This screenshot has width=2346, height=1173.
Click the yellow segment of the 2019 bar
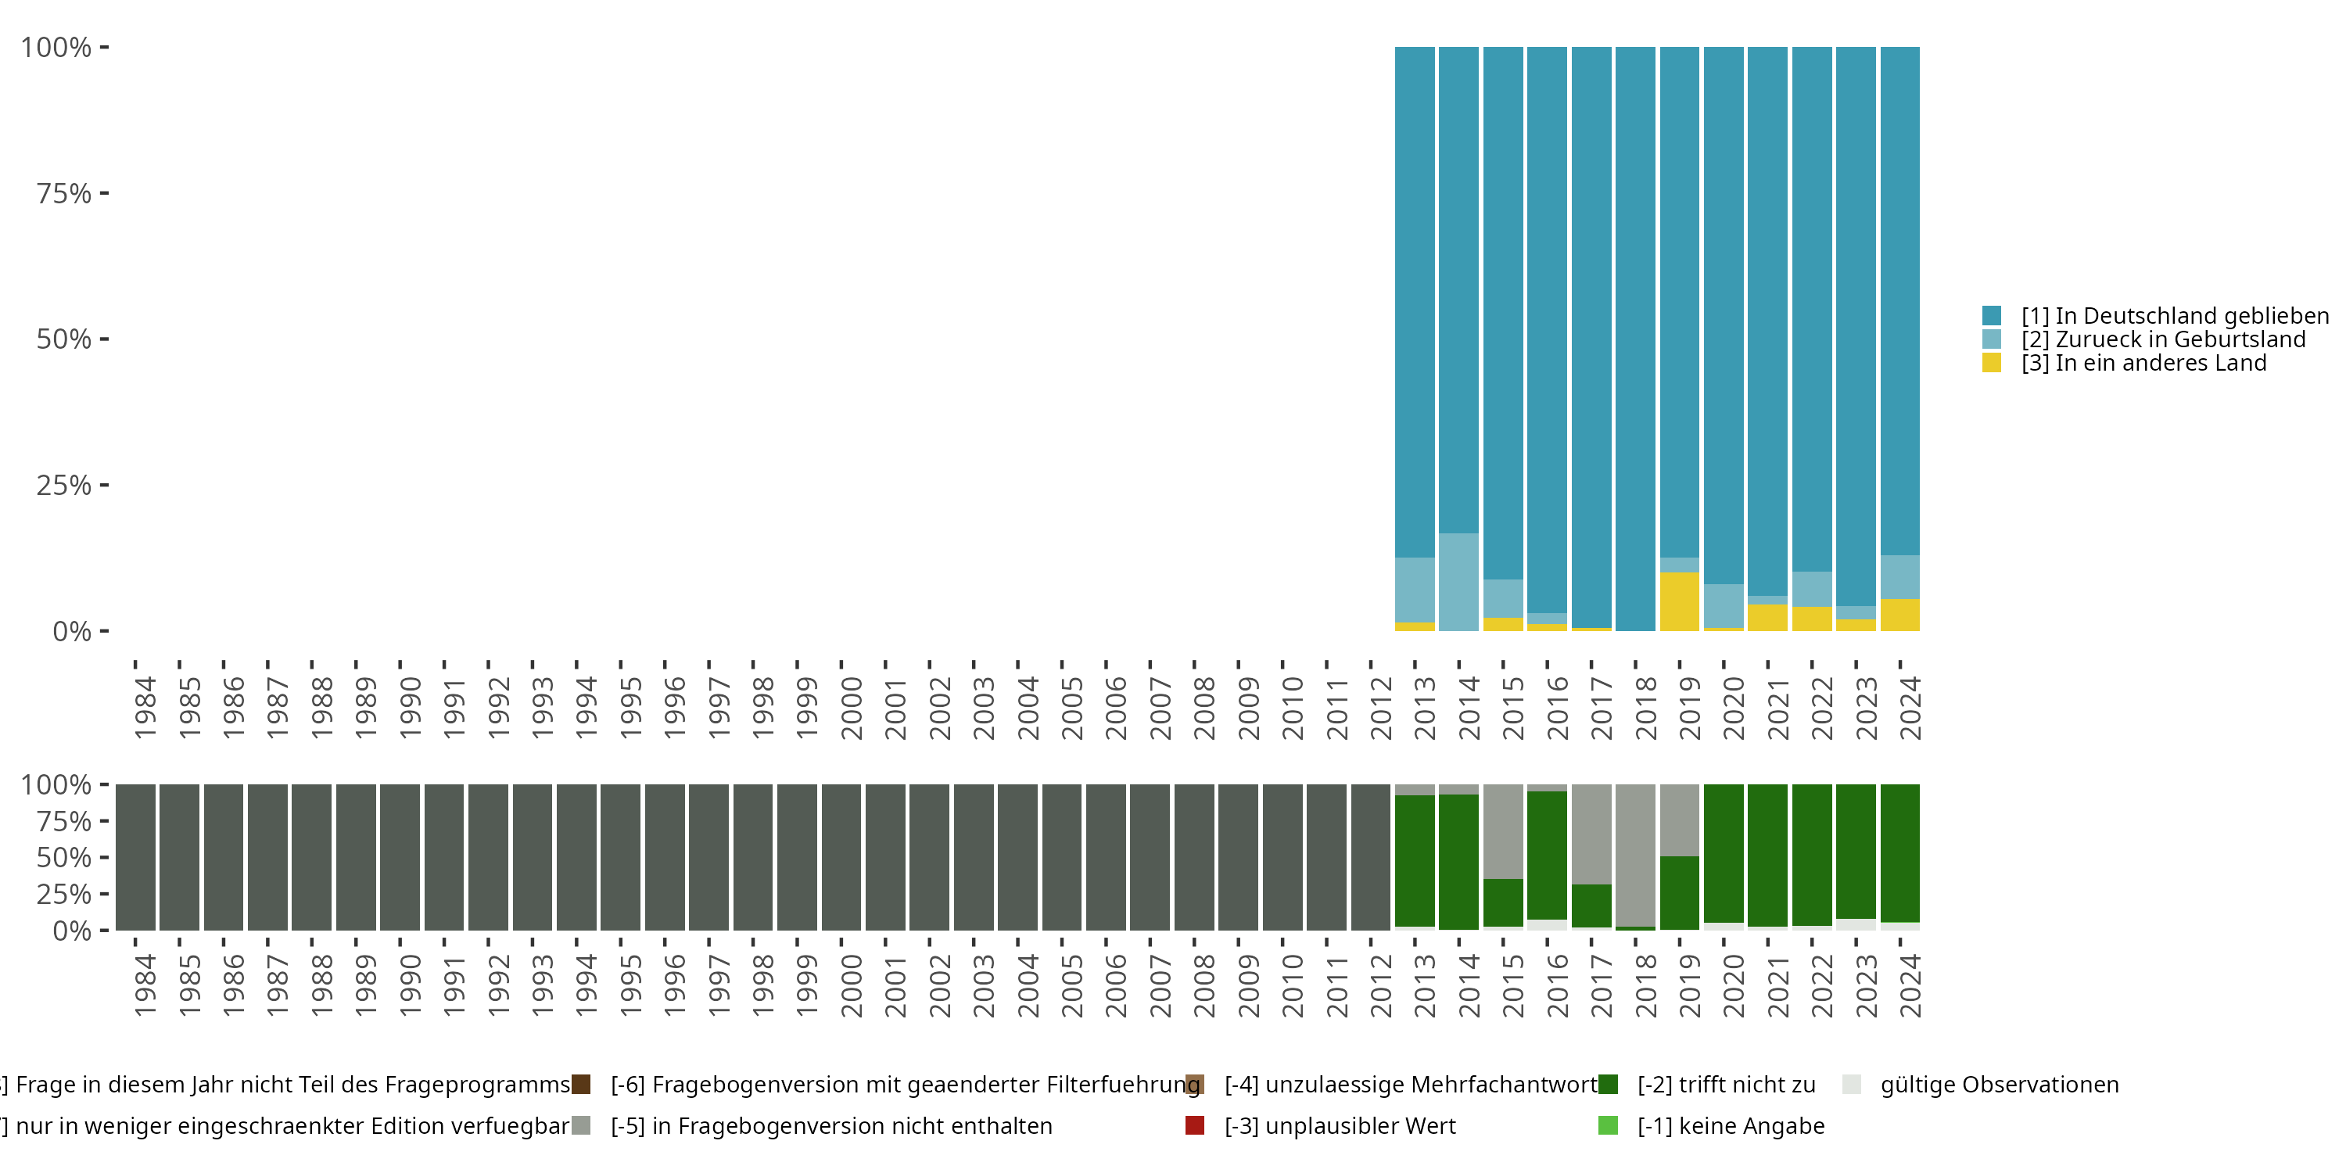(x=1680, y=601)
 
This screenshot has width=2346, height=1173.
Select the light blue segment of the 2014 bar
(x=1459, y=582)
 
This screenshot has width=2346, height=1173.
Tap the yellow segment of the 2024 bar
(x=1899, y=615)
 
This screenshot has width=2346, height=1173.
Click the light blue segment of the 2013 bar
(x=1415, y=590)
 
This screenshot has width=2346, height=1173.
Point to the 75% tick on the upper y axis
(x=105, y=193)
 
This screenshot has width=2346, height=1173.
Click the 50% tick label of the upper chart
(x=64, y=339)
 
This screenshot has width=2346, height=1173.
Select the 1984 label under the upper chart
(x=145, y=708)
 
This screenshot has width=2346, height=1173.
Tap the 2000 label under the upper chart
(x=851, y=708)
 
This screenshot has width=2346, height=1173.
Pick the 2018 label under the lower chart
(x=1645, y=985)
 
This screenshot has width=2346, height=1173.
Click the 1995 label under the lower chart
(x=630, y=985)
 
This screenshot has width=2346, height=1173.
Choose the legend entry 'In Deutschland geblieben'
(x=2175, y=315)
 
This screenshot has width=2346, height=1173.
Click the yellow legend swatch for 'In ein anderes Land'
(x=1992, y=363)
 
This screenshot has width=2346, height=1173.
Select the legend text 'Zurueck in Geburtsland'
(x=2163, y=339)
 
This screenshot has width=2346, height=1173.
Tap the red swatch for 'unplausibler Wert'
(x=1195, y=1125)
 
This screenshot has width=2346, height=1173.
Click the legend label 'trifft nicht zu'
(x=1726, y=1085)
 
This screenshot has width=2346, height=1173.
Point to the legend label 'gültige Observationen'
(x=2000, y=1085)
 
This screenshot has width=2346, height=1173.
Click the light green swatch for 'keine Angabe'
(x=1609, y=1125)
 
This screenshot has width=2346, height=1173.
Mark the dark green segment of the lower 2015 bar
(x=1503, y=902)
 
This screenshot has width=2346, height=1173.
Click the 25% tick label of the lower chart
(x=64, y=893)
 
